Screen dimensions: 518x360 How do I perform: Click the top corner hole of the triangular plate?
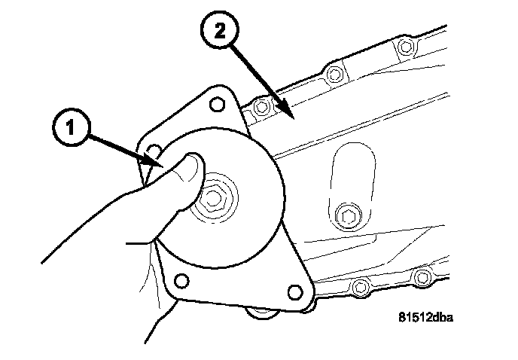pyautogui.click(x=217, y=102)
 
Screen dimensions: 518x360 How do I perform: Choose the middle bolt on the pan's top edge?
pyautogui.click(x=335, y=74)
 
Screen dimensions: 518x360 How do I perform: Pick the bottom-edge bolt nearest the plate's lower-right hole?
pyautogui.click(x=361, y=286)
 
